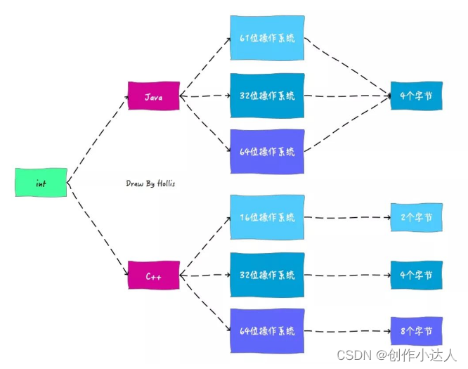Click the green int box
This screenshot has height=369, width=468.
[x=41, y=183]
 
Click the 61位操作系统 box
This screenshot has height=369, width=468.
[x=268, y=37]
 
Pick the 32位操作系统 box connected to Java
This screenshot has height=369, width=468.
[x=268, y=95]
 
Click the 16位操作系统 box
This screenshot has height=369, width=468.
[x=268, y=217]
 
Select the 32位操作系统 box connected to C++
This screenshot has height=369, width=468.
[x=268, y=274]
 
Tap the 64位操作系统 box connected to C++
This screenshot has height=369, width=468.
[x=268, y=330]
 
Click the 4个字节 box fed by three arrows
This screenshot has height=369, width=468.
[x=417, y=95]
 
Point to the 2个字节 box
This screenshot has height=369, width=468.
[x=417, y=217]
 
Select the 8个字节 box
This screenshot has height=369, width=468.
[x=417, y=330]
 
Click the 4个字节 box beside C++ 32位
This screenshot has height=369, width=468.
[x=417, y=274]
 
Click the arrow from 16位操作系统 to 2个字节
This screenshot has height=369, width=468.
[x=348, y=217]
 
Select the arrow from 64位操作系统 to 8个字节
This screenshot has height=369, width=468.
[x=348, y=330]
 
